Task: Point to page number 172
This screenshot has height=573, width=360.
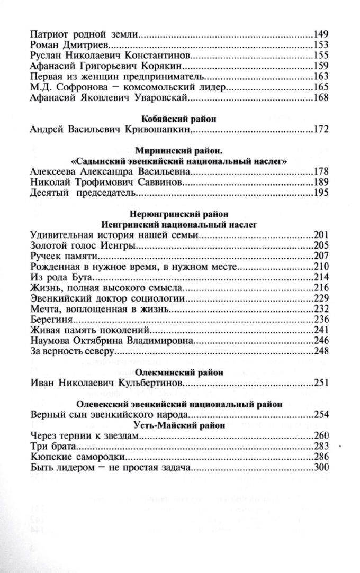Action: (x=321, y=129)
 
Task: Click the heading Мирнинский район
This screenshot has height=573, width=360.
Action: (x=180, y=150)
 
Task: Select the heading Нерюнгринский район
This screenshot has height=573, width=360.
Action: (x=180, y=214)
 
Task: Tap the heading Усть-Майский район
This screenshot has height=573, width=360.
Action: (x=180, y=425)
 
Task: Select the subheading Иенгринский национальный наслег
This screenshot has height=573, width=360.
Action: (x=180, y=224)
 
